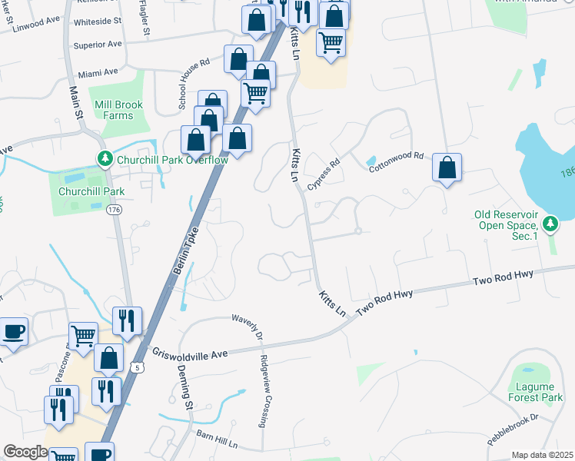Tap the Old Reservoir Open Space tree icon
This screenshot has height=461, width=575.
click(x=550, y=224)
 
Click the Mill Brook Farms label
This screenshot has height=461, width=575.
click(x=114, y=110)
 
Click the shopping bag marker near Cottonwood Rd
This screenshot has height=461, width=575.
click(x=447, y=167)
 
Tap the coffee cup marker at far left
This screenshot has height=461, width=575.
click(x=14, y=332)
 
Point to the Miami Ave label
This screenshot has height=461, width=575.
click(x=98, y=72)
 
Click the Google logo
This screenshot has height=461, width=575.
click(x=25, y=452)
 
